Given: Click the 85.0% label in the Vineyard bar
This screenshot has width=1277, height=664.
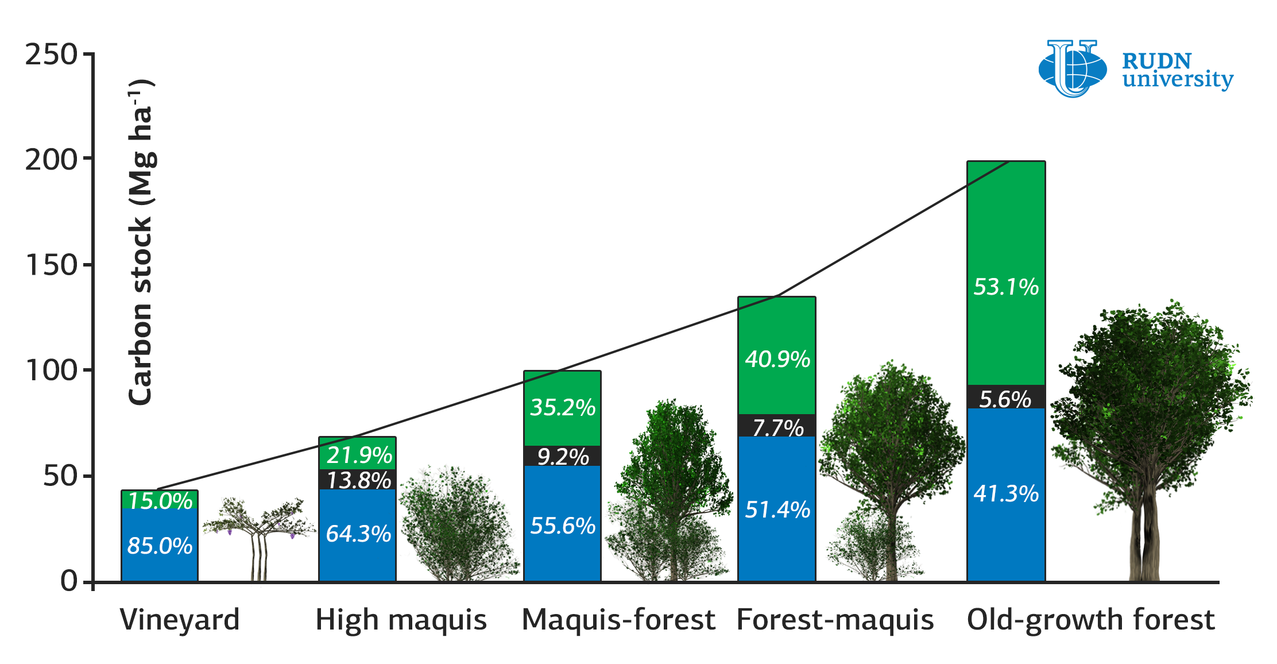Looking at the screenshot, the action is (160, 546).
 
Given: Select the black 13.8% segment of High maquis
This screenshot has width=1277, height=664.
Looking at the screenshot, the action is (357, 480).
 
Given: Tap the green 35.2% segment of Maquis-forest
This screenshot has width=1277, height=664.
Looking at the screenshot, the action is (562, 408).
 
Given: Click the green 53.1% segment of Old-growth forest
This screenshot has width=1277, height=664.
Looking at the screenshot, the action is (1006, 273).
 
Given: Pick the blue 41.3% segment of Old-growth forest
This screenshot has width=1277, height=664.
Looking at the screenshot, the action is (1006, 495).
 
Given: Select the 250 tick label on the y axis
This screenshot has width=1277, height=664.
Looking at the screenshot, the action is (51, 55).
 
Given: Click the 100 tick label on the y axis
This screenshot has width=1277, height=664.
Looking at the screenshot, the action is (51, 370).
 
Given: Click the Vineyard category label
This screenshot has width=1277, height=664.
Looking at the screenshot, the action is (180, 620).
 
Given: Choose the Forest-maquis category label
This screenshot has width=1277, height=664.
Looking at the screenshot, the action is (835, 620).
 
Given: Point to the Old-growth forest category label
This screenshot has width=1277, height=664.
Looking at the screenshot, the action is (1091, 620).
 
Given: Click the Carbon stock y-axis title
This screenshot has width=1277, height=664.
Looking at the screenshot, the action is (141, 241).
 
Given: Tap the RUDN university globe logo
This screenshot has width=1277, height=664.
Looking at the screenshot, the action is (1073, 68).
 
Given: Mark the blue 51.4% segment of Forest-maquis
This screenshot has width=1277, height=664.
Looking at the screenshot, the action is (776, 509).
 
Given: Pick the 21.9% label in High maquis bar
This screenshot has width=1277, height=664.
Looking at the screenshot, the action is (359, 455).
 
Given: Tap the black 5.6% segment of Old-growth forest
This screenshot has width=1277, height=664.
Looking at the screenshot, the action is (1006, 397).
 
